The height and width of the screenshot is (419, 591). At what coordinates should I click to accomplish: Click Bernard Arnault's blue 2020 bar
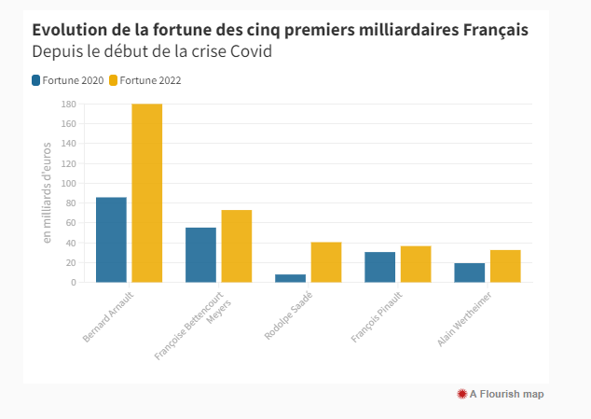[x=111, y=240]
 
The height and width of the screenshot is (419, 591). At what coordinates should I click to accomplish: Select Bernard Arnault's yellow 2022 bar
[x=146, y=193]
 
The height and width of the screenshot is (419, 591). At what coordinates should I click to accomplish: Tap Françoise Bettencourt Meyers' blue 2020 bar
[x=200, y=255]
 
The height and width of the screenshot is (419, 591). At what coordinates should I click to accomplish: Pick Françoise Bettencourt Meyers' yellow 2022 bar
[x=236, y=246]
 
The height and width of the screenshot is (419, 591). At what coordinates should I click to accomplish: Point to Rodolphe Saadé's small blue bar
[x=290, y=278]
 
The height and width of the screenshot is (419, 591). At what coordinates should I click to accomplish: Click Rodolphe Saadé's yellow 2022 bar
[x=325, y=262]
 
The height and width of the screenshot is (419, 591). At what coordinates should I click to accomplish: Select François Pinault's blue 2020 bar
[x=379, y=267]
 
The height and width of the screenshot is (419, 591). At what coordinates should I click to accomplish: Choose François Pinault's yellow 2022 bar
[x=415, y=264]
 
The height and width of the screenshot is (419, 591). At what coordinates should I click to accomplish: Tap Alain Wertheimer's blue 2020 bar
[x=469, y=272]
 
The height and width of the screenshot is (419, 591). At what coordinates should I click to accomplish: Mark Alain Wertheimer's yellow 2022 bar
[x=504, y=266]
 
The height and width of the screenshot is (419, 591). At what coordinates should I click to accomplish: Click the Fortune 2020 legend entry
[x=67, y=80]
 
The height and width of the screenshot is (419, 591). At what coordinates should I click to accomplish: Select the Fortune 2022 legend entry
[x=144, y=80]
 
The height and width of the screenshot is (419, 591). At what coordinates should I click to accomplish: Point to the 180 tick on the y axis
[x=68, y=104]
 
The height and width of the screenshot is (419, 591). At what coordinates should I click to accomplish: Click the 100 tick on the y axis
[x=68, y=183]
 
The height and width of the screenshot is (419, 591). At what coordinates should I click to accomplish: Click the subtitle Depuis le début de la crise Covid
[x=151, y=51]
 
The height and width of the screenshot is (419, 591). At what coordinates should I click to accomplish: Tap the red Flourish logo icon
[x=461, y=394]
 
